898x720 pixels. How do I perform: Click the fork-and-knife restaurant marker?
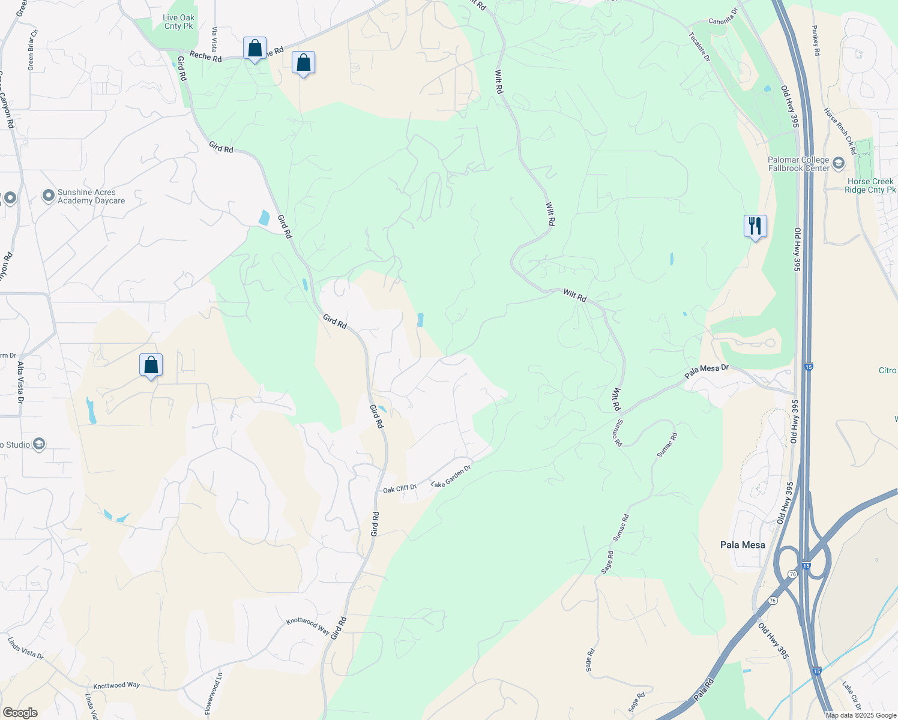755,226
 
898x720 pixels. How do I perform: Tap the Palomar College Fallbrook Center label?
798,164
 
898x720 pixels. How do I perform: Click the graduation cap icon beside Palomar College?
839,163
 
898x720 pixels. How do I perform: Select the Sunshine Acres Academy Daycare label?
91,196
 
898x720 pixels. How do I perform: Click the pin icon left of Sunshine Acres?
48,196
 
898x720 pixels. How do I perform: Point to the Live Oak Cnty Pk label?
178,22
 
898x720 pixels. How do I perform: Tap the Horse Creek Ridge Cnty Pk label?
870,185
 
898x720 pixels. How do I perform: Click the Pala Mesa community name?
743,545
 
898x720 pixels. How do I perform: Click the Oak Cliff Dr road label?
400,489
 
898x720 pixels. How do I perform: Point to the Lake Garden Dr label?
451,476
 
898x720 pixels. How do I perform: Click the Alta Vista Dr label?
20,382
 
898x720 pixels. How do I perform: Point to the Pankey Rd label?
816,40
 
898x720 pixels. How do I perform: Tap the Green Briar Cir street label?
32,49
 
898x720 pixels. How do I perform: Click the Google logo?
20,713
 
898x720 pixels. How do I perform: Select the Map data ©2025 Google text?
861,715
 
